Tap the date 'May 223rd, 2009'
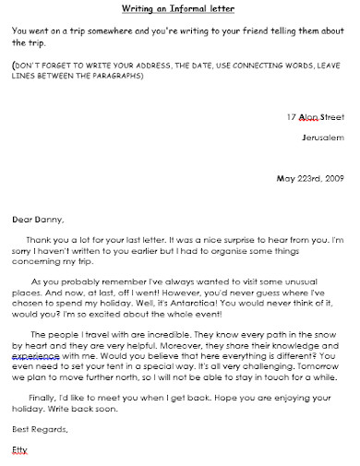pos(311,178)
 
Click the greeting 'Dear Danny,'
pos(38,219)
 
